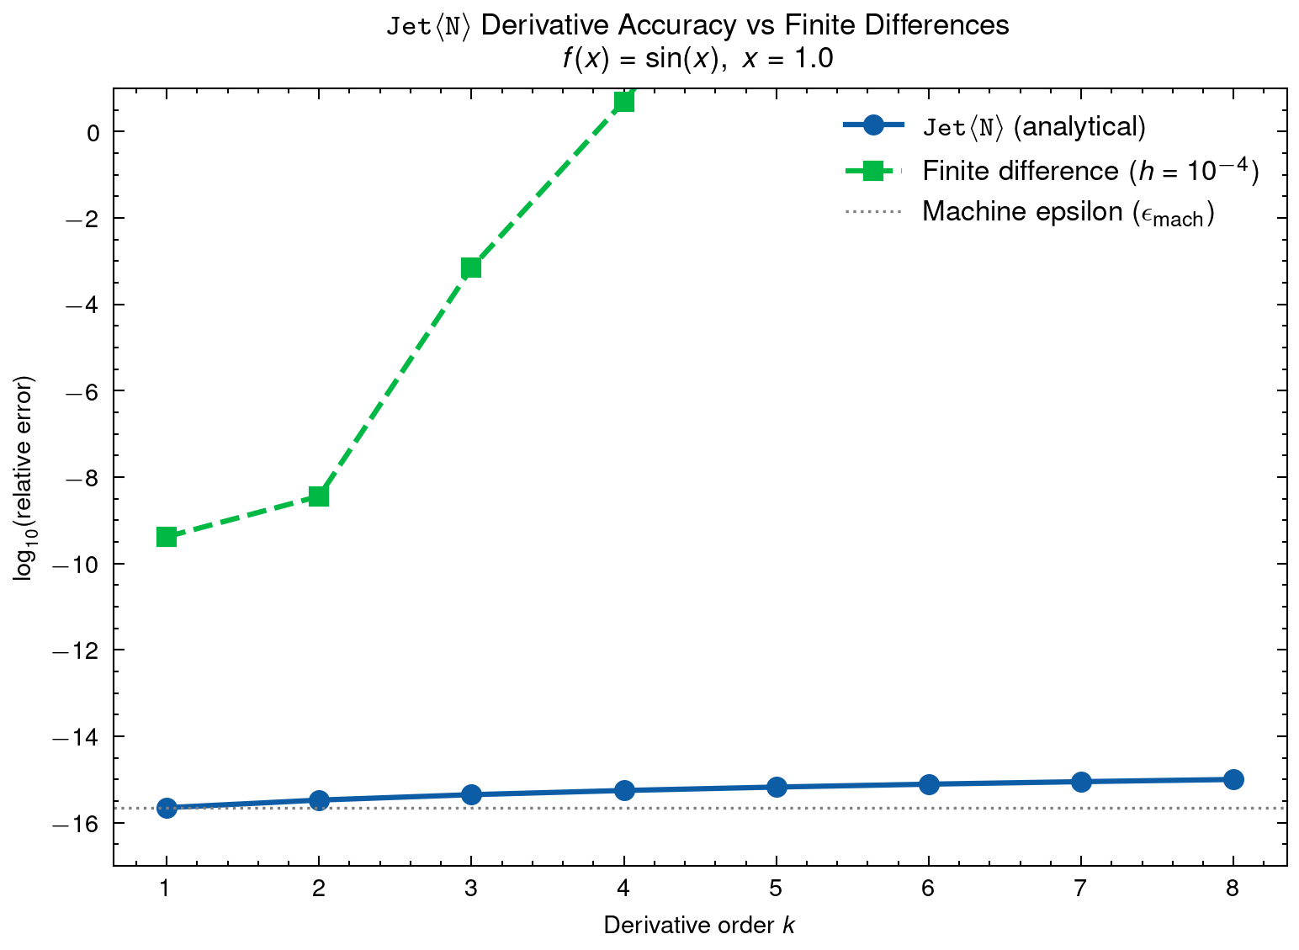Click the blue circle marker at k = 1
167,808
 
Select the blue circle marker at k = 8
1233,779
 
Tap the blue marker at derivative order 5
777,787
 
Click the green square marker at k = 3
471,268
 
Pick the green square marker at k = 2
319,496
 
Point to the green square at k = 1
167,537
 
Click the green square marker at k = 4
623,102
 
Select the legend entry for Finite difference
1090,171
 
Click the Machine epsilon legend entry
1067,212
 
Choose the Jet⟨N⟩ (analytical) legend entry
1034,127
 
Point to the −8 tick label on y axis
77,477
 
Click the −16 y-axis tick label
73,823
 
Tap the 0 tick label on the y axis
93,132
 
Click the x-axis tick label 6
928,889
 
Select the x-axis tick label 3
471,889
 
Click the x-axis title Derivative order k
698,926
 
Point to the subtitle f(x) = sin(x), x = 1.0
697,59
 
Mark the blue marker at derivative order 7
1081,782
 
